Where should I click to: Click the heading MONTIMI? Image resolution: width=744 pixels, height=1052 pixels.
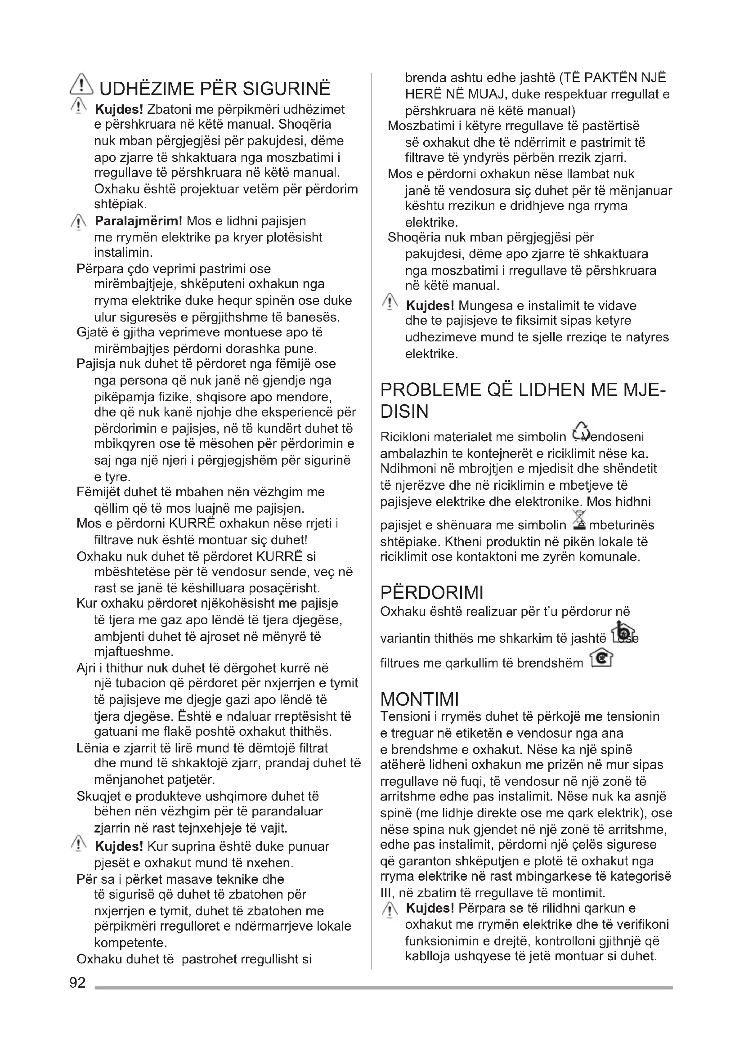click(x=420, y=699)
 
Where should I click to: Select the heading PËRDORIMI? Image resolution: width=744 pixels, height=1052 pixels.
click(x=431, y=592)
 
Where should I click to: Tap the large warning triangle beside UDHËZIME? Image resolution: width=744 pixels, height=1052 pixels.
click(x=81, y=86)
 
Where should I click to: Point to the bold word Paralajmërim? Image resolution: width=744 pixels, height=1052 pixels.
click(x=139, y=221)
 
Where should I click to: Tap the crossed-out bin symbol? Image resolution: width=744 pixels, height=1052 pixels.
click(x=580, y=521)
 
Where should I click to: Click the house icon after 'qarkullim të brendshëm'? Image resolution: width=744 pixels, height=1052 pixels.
click(x=601, y=659)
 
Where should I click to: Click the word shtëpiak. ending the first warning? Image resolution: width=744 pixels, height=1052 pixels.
click(x=120, y=204)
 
